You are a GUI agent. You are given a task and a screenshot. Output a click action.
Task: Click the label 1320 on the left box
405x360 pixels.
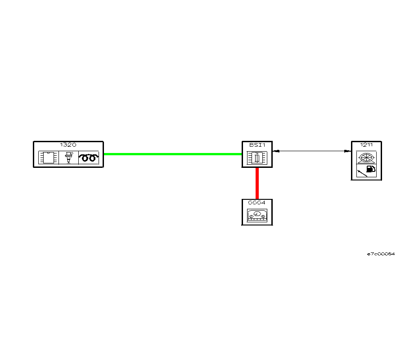pyautogui.click(x=68, y=145)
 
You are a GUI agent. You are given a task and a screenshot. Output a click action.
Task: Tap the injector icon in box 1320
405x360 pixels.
pyautogui.click(x=68, y=157)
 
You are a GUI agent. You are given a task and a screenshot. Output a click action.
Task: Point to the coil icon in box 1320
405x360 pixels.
pyautogui.click(x=88, y=157)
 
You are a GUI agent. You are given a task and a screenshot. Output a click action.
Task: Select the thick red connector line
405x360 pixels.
pyautogui.click(x=257, y=183)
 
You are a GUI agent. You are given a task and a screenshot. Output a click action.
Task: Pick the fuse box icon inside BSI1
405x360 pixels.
pyautogui.click(x=257, y=158)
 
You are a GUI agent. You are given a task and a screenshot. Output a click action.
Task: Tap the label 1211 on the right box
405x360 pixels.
pyautogui.click(x=366, y=145)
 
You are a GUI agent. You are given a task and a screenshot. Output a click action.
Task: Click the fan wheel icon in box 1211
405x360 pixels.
pyautogui.click(x=366, y=157)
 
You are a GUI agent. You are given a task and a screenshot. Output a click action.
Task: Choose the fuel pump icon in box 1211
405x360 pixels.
pyautogui.click(x=371, y=170)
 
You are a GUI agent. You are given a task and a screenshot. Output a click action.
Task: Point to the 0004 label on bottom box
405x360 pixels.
pyautogui.click(x=257, y=202)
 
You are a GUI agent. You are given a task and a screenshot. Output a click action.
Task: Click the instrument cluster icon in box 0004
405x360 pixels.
pyautogui.click(x=257, y=215)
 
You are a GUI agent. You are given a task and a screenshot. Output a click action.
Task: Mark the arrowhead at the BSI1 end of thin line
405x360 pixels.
pyautogui.click(x=275, y=151)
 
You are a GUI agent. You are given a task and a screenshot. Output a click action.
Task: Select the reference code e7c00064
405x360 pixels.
pyautogui.click(x=381, y=254)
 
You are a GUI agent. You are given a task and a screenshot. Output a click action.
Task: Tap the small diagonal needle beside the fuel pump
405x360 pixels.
pyautogui.click(x=362, y=172)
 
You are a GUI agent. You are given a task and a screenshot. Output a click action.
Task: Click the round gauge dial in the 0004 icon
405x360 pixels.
pyautogui.click(x=257, y=213)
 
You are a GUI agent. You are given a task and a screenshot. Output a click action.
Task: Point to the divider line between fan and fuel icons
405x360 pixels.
pyautogui.click(x=366, y=164)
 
